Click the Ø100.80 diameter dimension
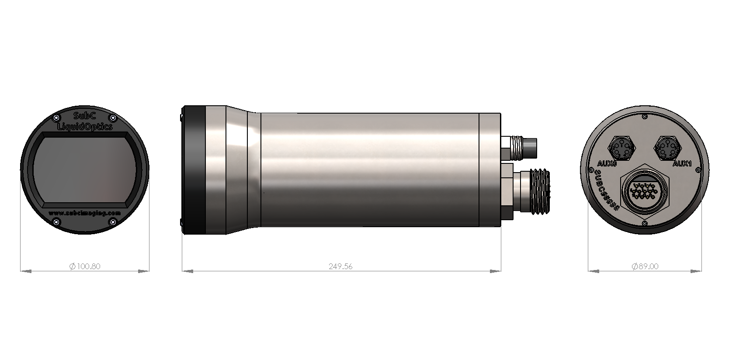[85, 266]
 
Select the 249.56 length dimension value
[340, 266]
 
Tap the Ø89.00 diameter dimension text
[645, 266]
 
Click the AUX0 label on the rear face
[606, 164]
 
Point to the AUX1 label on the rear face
[681, 164]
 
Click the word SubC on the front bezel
[85, 117]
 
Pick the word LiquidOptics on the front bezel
[85, 126]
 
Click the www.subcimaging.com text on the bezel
[85, 213]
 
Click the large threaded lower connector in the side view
[540, 191]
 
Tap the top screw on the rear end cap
[645, 117]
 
